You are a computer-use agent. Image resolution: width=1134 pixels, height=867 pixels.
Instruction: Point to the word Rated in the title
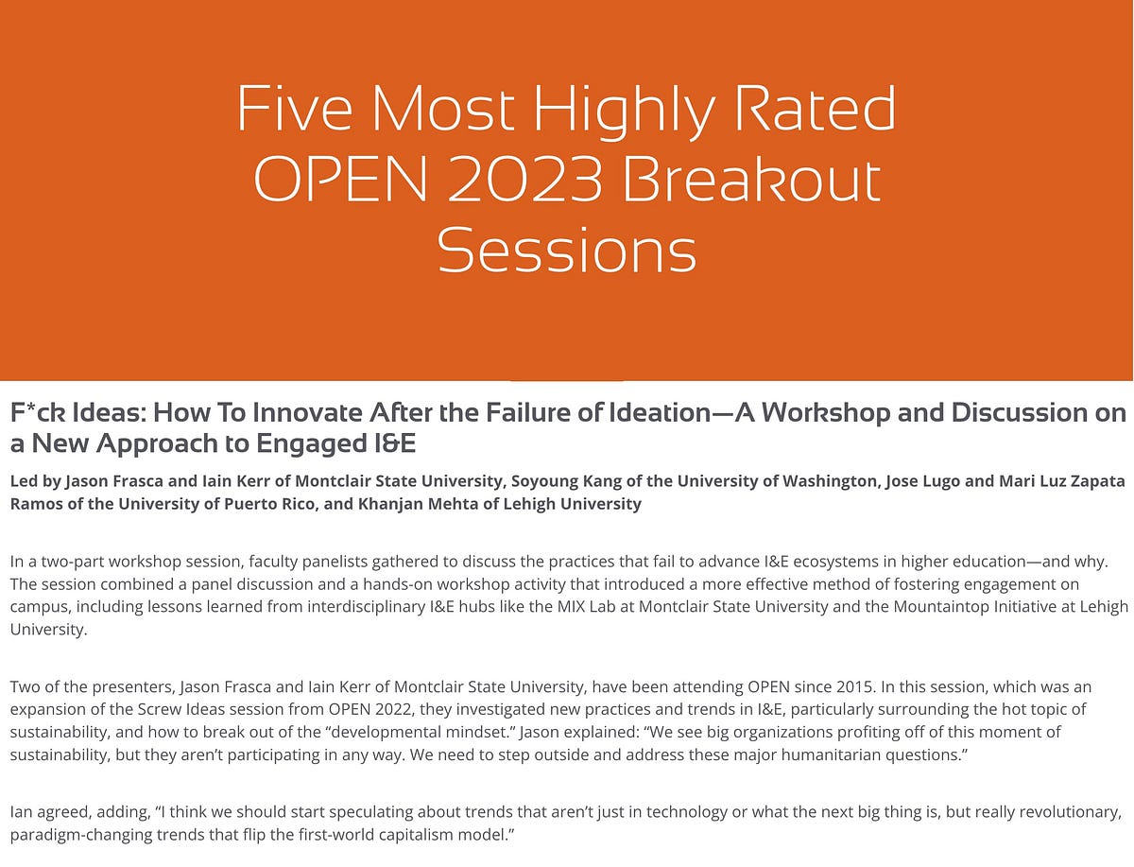coord(809,109)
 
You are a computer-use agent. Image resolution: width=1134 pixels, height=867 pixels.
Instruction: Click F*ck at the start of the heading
coord(37,413)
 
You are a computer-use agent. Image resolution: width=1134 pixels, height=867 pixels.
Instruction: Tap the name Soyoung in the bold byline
coord(542,480)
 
